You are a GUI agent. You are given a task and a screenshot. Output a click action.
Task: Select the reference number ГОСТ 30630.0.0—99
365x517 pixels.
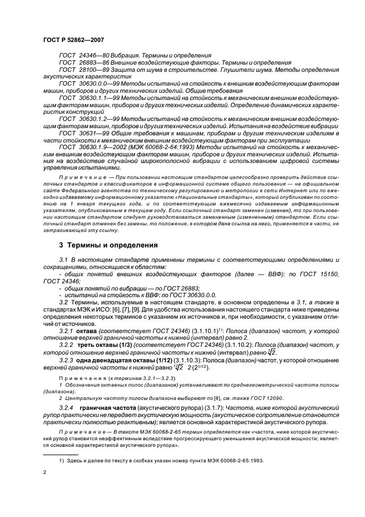tap(93, 83)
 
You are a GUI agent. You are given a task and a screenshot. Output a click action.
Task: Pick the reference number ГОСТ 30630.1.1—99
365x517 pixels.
tap(93, 97)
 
